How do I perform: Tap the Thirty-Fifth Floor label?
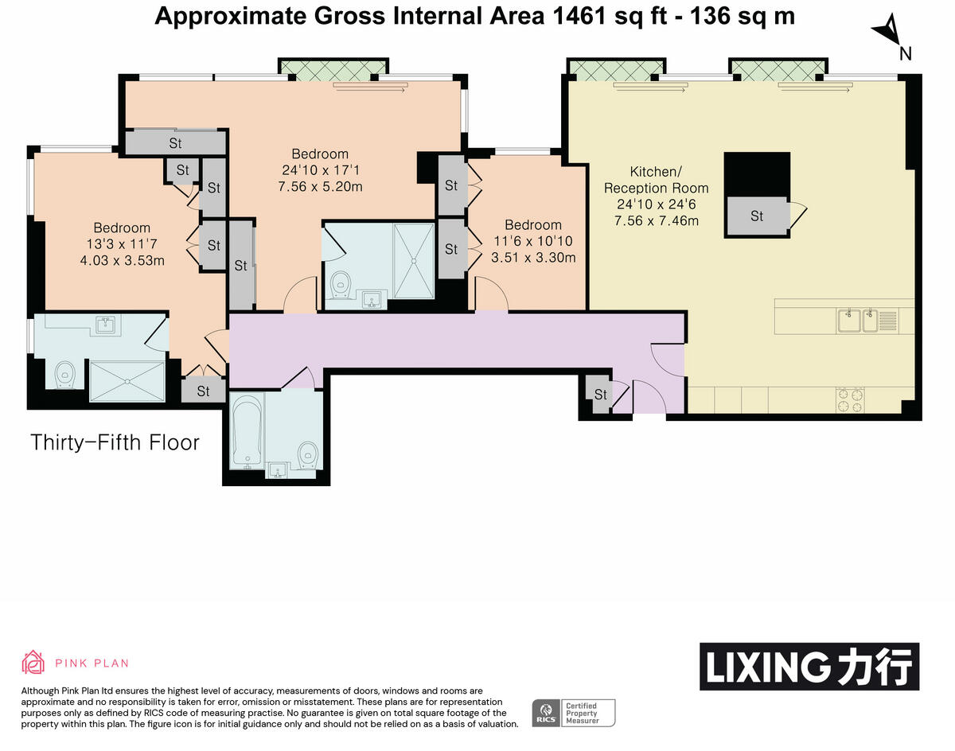click(115, 443)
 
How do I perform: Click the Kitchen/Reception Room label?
click(656, 180)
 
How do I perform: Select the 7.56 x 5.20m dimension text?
click(320, 187)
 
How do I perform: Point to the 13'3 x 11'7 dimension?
click(121, 243)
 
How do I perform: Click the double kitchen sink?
click(857, 321)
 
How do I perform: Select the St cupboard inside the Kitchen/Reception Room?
click(757, 216)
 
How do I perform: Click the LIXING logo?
click(809, 667)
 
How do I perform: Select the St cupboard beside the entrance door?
click(600, 395)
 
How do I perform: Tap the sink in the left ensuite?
click(105, 324)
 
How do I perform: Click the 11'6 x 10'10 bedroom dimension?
click(527, 241)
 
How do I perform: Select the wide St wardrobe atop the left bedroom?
click(175, 143)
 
